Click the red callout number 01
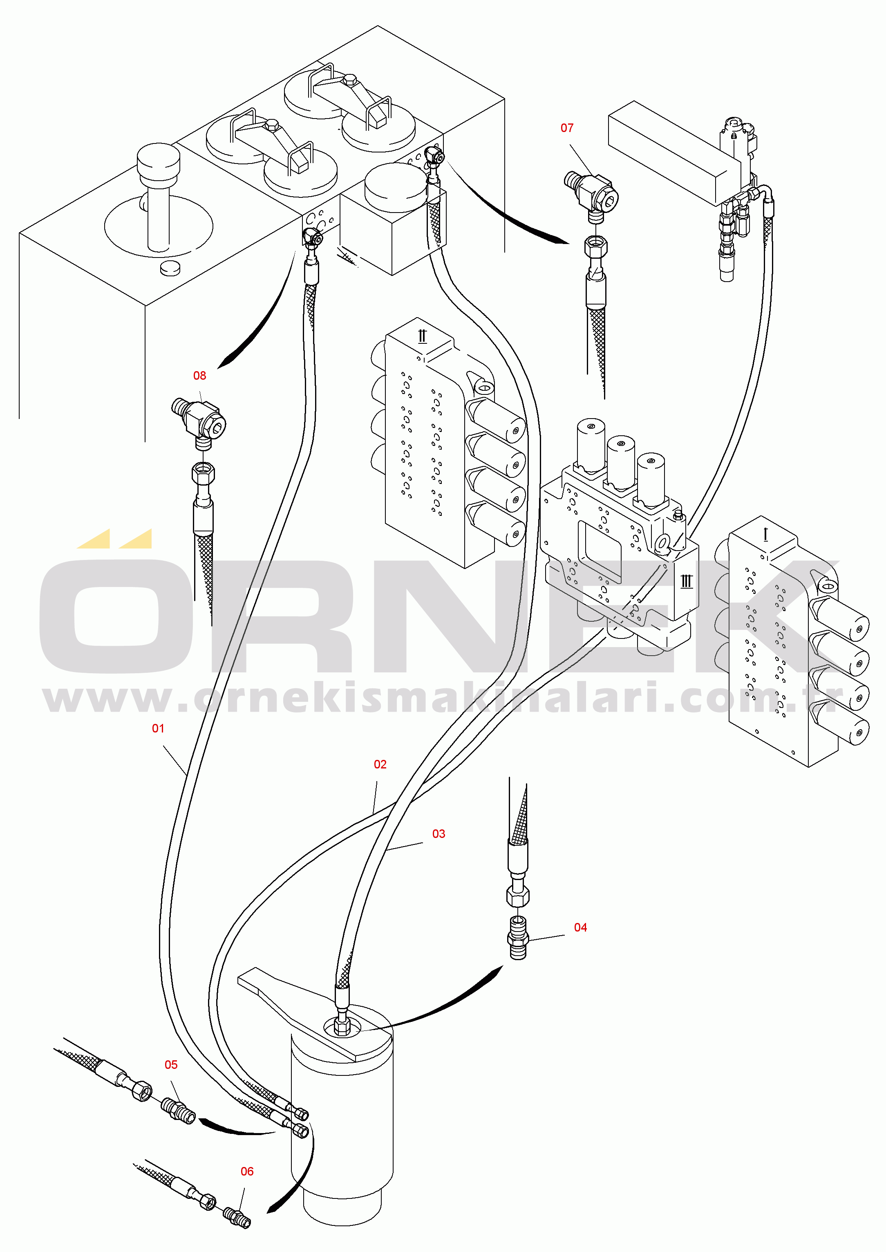[158, 728]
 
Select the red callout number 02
[380, 764]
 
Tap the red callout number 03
[438, 833]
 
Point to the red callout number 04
[580, 927]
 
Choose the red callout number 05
[171, 1064]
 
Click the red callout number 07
[567, 128]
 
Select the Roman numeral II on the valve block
[422, 336]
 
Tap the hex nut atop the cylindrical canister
[342, 1028]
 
